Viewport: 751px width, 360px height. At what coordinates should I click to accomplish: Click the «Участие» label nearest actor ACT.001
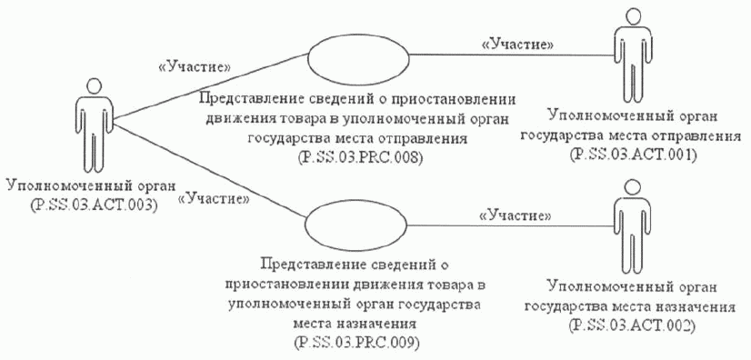pos(517,43)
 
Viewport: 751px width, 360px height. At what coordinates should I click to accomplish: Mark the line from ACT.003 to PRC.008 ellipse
pos(209,86)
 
